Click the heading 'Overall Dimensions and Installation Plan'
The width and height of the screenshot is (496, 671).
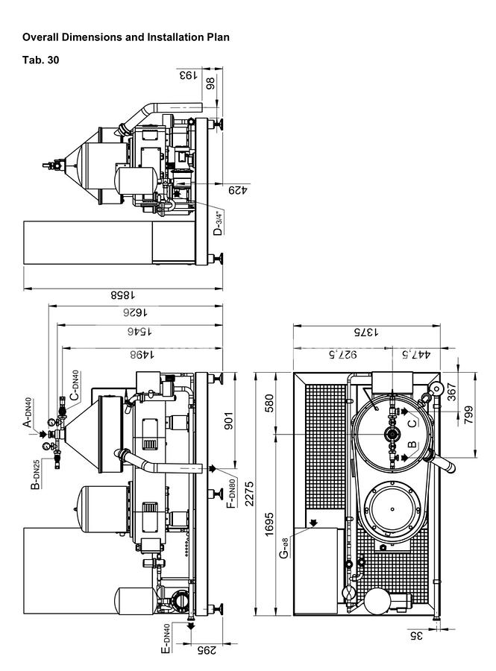[126, 37]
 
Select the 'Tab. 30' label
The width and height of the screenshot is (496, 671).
[40, 60]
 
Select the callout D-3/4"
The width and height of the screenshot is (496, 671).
[218, 221]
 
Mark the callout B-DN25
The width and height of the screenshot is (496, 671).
[34, 474]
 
